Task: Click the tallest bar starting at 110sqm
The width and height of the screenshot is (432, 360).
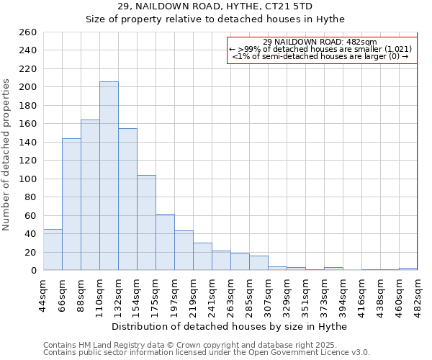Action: point(109,176)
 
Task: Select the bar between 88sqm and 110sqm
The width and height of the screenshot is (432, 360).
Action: point(90,194)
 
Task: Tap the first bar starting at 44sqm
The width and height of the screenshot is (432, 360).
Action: point(53,250)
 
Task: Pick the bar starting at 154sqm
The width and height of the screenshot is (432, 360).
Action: point(146,222)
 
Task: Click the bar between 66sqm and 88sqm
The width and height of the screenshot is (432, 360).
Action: point(71,204)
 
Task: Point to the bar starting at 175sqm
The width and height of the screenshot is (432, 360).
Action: point(165,242)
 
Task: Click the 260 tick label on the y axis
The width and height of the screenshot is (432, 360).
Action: point(28,32)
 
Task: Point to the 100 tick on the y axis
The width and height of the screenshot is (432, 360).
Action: point(28,179)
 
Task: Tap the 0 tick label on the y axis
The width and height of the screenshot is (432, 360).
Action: point(33,271)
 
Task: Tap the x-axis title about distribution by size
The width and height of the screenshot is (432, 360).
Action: point(230,326)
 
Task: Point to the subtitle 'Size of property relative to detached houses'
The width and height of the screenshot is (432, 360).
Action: point(215,19)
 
